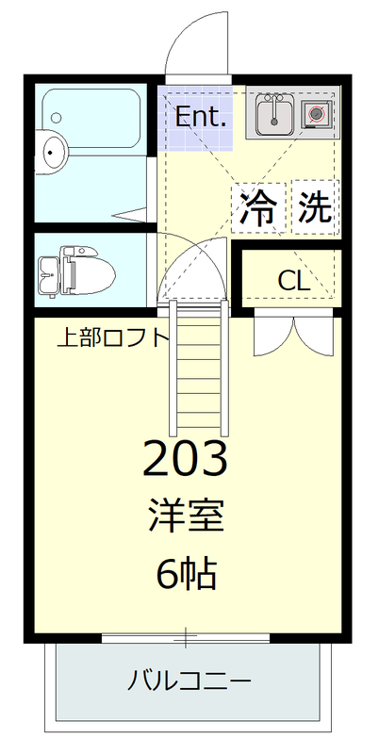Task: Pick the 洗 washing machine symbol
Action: click(x=315, y=205)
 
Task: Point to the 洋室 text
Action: click(x=186, y=516)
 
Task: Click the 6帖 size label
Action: click(x=186, y=572)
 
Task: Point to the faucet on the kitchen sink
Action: click(x=274, y=98)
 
